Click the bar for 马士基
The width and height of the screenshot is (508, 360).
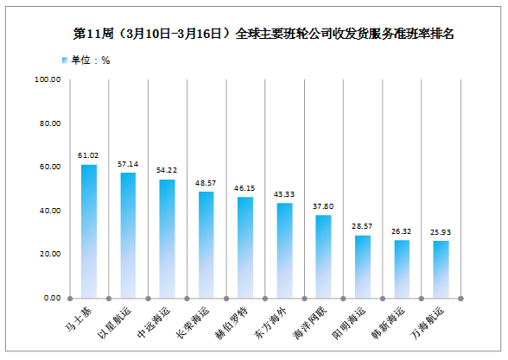pyautogui.click(x=89, y=231)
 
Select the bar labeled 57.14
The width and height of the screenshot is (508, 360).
pyautogui.click(x=128, y=236)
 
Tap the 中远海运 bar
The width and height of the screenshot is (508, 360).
pyautogui.click(x=168, y=238)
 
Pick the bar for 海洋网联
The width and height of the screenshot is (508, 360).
pyautogui.click(x=323, y=256)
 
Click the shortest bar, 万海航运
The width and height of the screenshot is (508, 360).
pyautogui.click(x=441, y=269)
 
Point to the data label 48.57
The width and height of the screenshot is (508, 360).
pyautogui.click(x=206, y=183)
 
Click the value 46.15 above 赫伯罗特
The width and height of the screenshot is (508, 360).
pyautogui.click(x=244, y=188)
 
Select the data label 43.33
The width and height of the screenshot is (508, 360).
pyautogui.click(x=284, y=194)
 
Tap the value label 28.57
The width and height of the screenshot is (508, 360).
pyautogui.click(x=362, y=226)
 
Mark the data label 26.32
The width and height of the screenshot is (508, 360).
pyautogui.click(x=402, y=231)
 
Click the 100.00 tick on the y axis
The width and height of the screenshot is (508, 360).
pyautogui.click(x=48, y=79)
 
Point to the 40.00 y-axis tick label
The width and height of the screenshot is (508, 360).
pyautogui.click(x=50, y=211)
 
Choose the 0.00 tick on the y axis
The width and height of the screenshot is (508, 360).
pyautogui.click(x=52, y=298)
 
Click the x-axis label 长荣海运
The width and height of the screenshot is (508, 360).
pyautogui.click(x=193, y=323)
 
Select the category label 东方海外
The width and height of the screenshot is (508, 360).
pyautogui.click(x=271, y=323)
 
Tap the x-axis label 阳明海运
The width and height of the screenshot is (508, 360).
pyautogui.click(x=349, y=323)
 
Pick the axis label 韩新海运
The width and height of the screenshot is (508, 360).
pyautogui.click(x=388, y=323)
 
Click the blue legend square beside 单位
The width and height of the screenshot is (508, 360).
pyautogui.click(x=65, y=60)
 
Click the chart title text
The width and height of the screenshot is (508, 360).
pyautogui.click(x=264, y=34)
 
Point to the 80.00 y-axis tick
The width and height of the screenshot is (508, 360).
pyautogui.click(x=50, y=123)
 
